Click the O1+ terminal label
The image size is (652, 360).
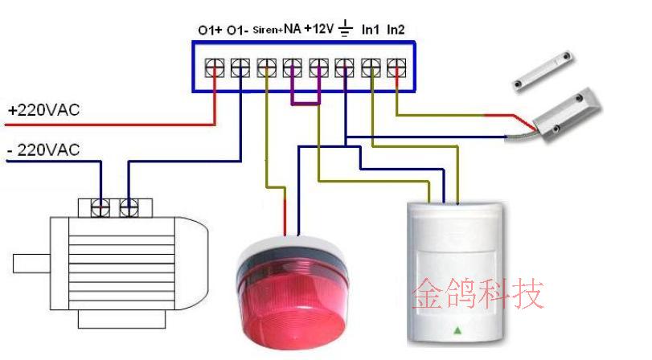[209, 30]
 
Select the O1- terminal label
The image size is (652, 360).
[238, 30]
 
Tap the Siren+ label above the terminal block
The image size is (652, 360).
[267, 30]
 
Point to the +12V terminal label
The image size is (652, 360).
[318, 29]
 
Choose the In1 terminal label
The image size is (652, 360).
[370, 30]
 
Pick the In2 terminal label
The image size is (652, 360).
[396, 30]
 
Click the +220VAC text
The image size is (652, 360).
[43, 110]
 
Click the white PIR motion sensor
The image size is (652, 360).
[455, 269]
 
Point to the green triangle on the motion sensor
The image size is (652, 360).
[457, 330]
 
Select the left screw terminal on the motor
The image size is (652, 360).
[101, 207]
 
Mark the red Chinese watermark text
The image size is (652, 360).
[478, 294]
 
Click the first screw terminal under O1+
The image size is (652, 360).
[215, 67]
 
